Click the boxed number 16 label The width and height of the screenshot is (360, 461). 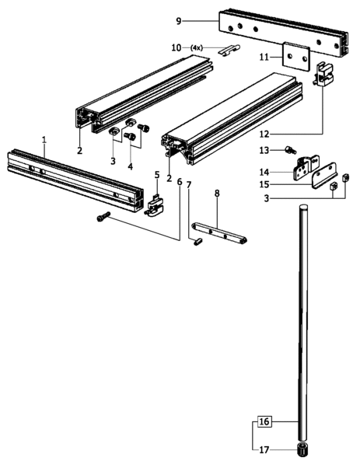pyautogui.click(x=264, y=421)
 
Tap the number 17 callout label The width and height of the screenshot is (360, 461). pyautogui.click(x=264, y=450)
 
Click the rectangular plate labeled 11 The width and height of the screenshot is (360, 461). pyautogui.click(x=296, y=56)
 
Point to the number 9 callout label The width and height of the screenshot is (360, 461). pyautogui.click(x=179, y=21)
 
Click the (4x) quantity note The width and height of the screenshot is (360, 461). pyautogui.click(x=197, y=47)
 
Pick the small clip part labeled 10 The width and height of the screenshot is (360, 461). pyautogui.click(x=229, y=50)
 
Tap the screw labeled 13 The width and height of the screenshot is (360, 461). pyautogui.click(x=290, y=151)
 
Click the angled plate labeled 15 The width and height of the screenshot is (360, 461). pyautogui.click(x=324, y=176)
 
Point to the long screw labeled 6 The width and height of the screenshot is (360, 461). pyautogui.click(x=103, y=217)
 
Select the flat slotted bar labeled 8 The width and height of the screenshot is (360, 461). pyautogui.click(x=219, y=233)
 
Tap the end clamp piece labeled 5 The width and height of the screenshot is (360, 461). pyautogui.click(x=154, y=206)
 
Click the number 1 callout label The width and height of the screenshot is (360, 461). pyautogui.click(x=44, y=140)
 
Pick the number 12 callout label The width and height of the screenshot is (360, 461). pyautogui.click(x=264, y=134)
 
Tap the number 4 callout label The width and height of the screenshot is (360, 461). pyautogui.click(x=131, y=166)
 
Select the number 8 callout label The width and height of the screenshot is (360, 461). pyautogui.click(x=217, y=193)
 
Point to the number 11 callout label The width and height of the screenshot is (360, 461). pyautogui.click(x=264, y=57)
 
